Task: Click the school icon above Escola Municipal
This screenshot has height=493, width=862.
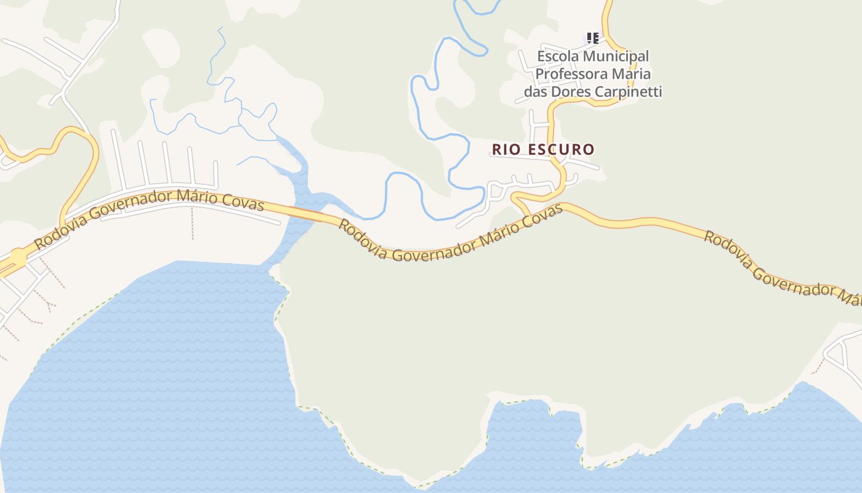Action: coord(592,38)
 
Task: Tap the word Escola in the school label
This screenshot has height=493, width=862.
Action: coord(558,56)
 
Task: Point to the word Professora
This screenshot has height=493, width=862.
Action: coord(570,74)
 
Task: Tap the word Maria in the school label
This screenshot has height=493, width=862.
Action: coord(630,74)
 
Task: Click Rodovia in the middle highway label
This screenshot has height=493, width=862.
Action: coord(363,237)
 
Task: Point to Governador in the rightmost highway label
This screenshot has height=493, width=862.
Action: coord(794,281)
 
